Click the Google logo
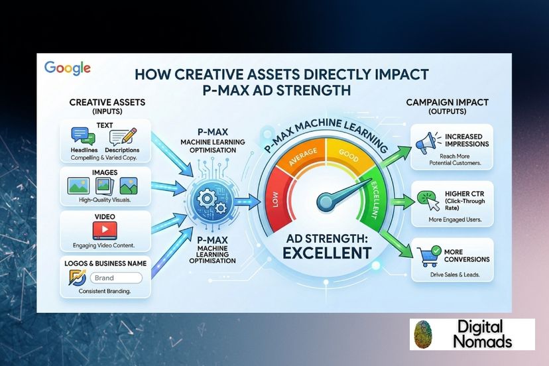(x=67, y=68)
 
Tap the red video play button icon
(x=105, y=230)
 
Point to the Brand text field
(x=116, y=278)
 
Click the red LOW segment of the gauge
(x=279, y=199)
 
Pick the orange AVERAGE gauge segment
(x=302, y=156)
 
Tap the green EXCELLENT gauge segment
(x=373, y=200)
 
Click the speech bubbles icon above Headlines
(x=84, y=136)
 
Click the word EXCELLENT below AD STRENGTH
(x=327, y=253)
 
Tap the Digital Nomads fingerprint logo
(x=422, y=334)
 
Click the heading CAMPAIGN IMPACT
(x=447, y=102)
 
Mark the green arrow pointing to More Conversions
(x=395, y=243)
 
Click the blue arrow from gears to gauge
(x=247, y=202)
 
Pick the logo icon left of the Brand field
(x=78, y=277)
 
